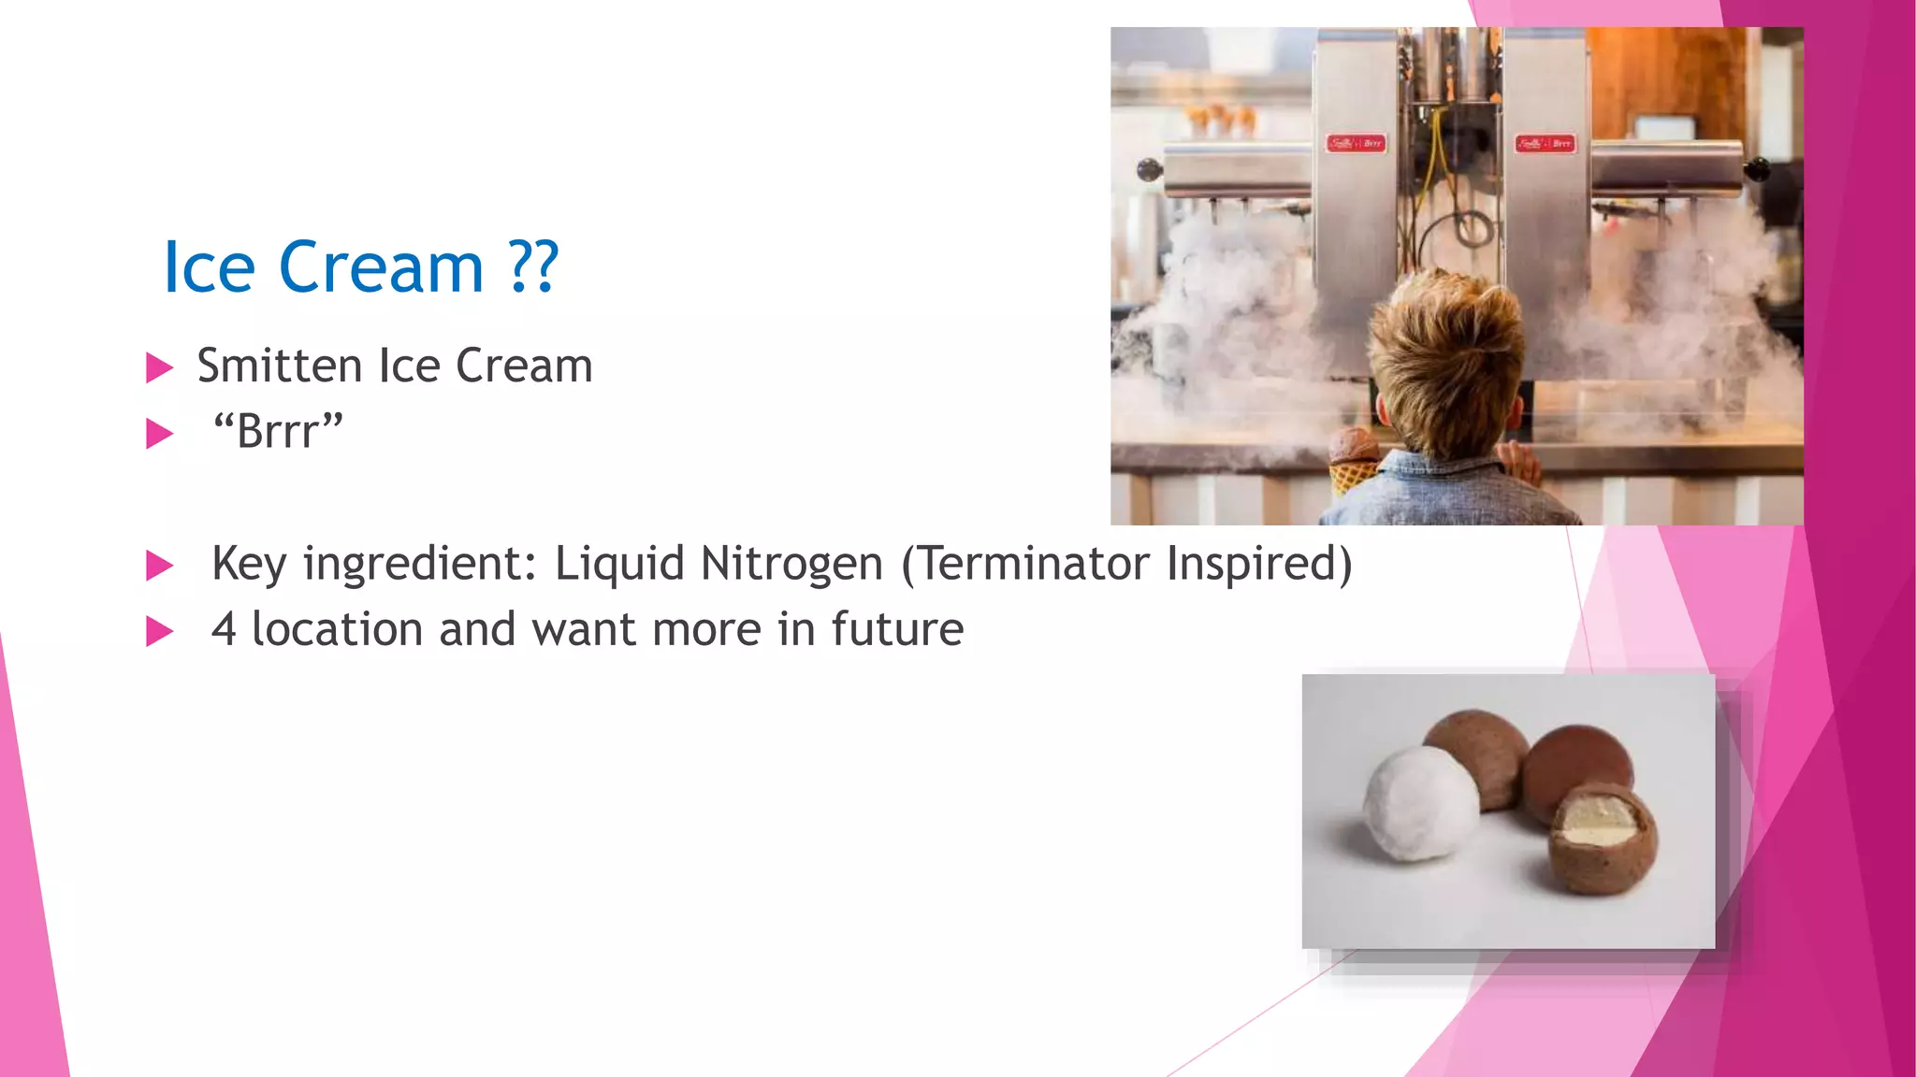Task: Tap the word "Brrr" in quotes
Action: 279,432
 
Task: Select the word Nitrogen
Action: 791,564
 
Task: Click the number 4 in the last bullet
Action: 223,630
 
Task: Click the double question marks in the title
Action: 533,268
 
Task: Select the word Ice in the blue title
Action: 209,268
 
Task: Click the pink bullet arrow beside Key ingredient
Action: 160,566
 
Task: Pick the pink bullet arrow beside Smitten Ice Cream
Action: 160,367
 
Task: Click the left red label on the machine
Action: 1355,143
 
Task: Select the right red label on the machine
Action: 1545,143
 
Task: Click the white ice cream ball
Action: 1420,802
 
